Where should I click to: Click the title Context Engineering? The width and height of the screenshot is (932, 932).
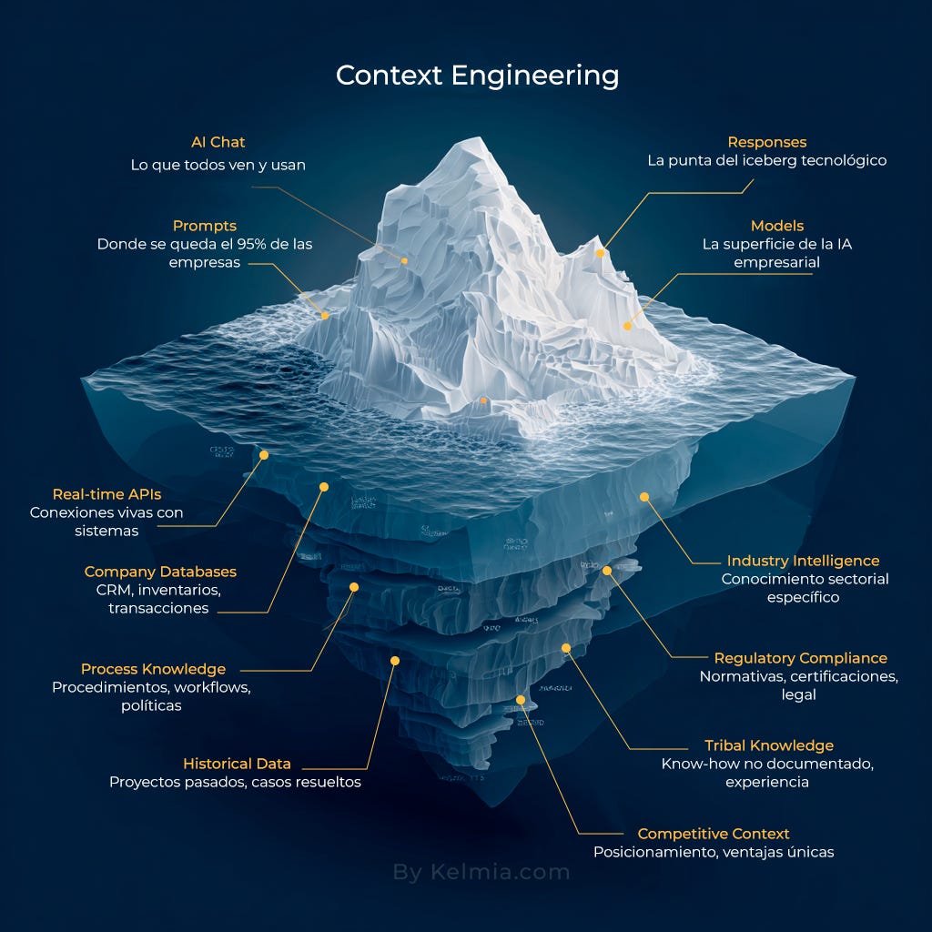click(477, 75)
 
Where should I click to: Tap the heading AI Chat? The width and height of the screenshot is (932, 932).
click(218, 142)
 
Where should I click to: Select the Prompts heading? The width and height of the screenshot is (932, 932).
click(205, 226)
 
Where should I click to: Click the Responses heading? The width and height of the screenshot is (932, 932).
click(766, 142)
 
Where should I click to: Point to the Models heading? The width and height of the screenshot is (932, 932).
click(777, 226)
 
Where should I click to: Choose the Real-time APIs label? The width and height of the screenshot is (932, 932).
click(106, 494)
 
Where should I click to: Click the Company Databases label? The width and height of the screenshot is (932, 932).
click(160, 572)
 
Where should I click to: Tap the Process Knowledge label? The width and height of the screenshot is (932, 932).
click(153, 669)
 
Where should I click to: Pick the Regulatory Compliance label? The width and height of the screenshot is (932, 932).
click(800, 658)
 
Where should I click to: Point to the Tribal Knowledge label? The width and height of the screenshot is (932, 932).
click(768, 745)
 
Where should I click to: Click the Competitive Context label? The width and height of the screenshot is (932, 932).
click(713, 834)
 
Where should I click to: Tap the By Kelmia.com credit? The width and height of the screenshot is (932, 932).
click(481, 872)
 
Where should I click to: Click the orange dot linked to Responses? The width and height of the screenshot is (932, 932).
click(601, 253)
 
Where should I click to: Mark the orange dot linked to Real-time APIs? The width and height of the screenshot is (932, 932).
click(264, 454)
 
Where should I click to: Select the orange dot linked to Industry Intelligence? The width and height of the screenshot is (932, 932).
click(644, 497)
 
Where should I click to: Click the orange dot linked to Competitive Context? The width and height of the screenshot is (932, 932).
click(521, 700)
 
